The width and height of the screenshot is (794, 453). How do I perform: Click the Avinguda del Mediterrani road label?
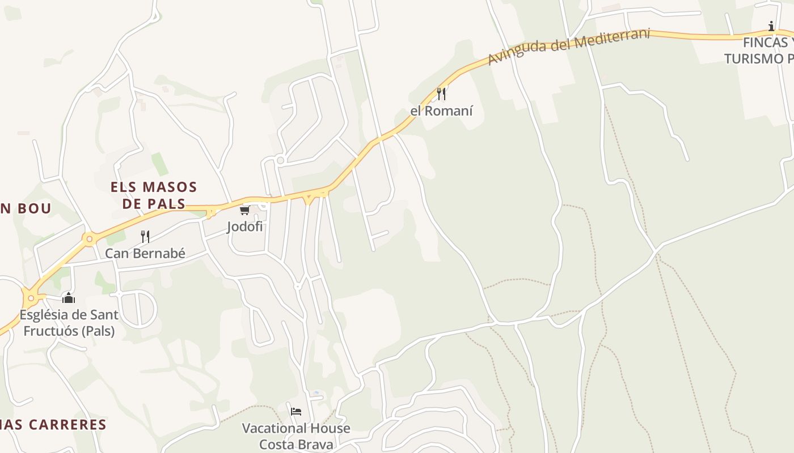[x=568, y=46]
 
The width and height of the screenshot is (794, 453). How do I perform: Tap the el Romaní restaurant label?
[x=441, y=111]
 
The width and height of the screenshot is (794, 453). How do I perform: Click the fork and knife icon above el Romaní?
[x=441, y=93]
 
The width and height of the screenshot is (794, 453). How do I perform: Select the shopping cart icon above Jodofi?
[x=244, y=211]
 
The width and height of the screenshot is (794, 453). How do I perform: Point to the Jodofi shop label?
[x=244, y=226]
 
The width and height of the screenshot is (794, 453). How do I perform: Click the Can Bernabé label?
[x=145, y=253]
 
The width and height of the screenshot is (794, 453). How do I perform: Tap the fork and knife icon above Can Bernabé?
[x=145, y=237]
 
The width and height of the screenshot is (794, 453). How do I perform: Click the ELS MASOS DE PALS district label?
[x=154, y=195]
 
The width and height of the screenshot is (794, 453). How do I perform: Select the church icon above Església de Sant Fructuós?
[x=69, y=298]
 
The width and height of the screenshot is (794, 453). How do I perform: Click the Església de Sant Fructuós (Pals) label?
[x=69, y=323]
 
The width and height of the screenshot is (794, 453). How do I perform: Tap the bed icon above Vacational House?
[x=296, y=412]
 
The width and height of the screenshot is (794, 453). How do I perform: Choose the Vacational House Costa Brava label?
[x=296, y=436]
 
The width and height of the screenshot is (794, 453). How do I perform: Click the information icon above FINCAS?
[x=771, y=26]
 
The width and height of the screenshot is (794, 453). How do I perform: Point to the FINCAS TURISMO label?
[x=760, y=50]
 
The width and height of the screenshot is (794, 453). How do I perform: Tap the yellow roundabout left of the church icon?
[x=31, y=298]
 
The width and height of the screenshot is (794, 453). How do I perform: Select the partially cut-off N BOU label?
[x=26, y=208]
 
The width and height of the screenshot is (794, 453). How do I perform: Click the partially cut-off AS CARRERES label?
[x=54, y=425]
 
